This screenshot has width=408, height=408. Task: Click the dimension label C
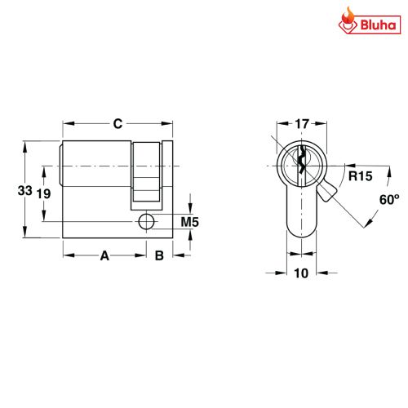[x=118, y=124]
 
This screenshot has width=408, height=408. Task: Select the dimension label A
[x=104, y=256]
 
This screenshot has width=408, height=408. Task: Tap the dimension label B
[x=160, y=256]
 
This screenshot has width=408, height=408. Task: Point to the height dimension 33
[x=25, y=190]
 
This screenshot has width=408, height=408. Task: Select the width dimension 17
[x=301, y=125]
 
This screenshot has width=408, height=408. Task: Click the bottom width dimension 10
[x=301, y=273]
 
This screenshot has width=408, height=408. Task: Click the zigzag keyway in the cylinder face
[x=301, y=162]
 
